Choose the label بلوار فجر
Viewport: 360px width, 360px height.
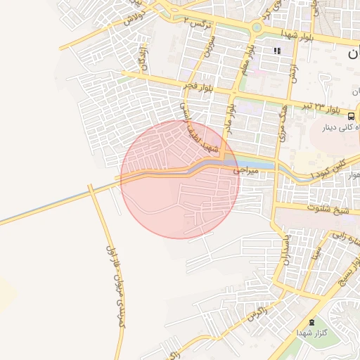199,86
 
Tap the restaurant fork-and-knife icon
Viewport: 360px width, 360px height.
277,51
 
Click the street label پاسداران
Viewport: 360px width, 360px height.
286,252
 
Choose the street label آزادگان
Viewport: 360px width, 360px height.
145,59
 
